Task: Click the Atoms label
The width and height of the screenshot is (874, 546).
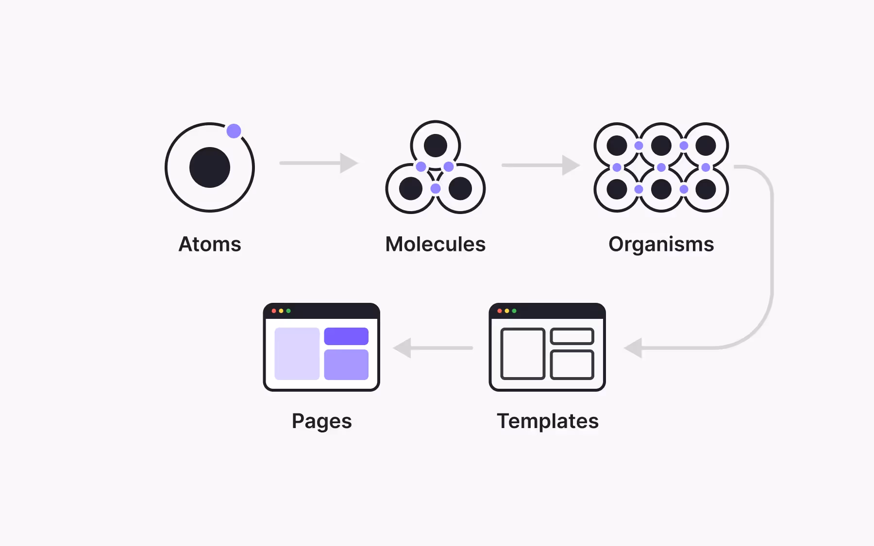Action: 210,244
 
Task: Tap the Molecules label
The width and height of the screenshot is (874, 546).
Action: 435,244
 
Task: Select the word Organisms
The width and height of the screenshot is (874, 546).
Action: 661,244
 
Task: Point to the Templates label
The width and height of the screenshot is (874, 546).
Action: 547,421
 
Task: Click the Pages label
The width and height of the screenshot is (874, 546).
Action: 321,421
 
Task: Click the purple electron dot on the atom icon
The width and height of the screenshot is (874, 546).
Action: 234,131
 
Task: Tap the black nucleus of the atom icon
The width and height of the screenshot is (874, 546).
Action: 210,167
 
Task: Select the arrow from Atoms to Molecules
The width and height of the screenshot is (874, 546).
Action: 318,163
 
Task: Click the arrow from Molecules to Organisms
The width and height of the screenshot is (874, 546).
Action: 540,165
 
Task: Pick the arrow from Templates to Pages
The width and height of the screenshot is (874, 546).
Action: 432,348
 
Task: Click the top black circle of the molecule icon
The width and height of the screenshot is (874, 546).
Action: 435,145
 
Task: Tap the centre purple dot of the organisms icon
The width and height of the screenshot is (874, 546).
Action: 661,167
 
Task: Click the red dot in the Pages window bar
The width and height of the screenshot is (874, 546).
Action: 274,311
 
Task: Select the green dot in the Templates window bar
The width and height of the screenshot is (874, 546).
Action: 514,311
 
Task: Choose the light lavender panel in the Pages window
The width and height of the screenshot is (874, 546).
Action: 297,353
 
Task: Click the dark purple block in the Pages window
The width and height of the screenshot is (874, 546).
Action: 346,336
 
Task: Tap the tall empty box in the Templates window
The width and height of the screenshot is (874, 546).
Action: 522,353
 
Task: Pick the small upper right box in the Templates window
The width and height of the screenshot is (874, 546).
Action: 572,336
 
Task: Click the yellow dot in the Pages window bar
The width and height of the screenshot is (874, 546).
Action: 281,311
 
